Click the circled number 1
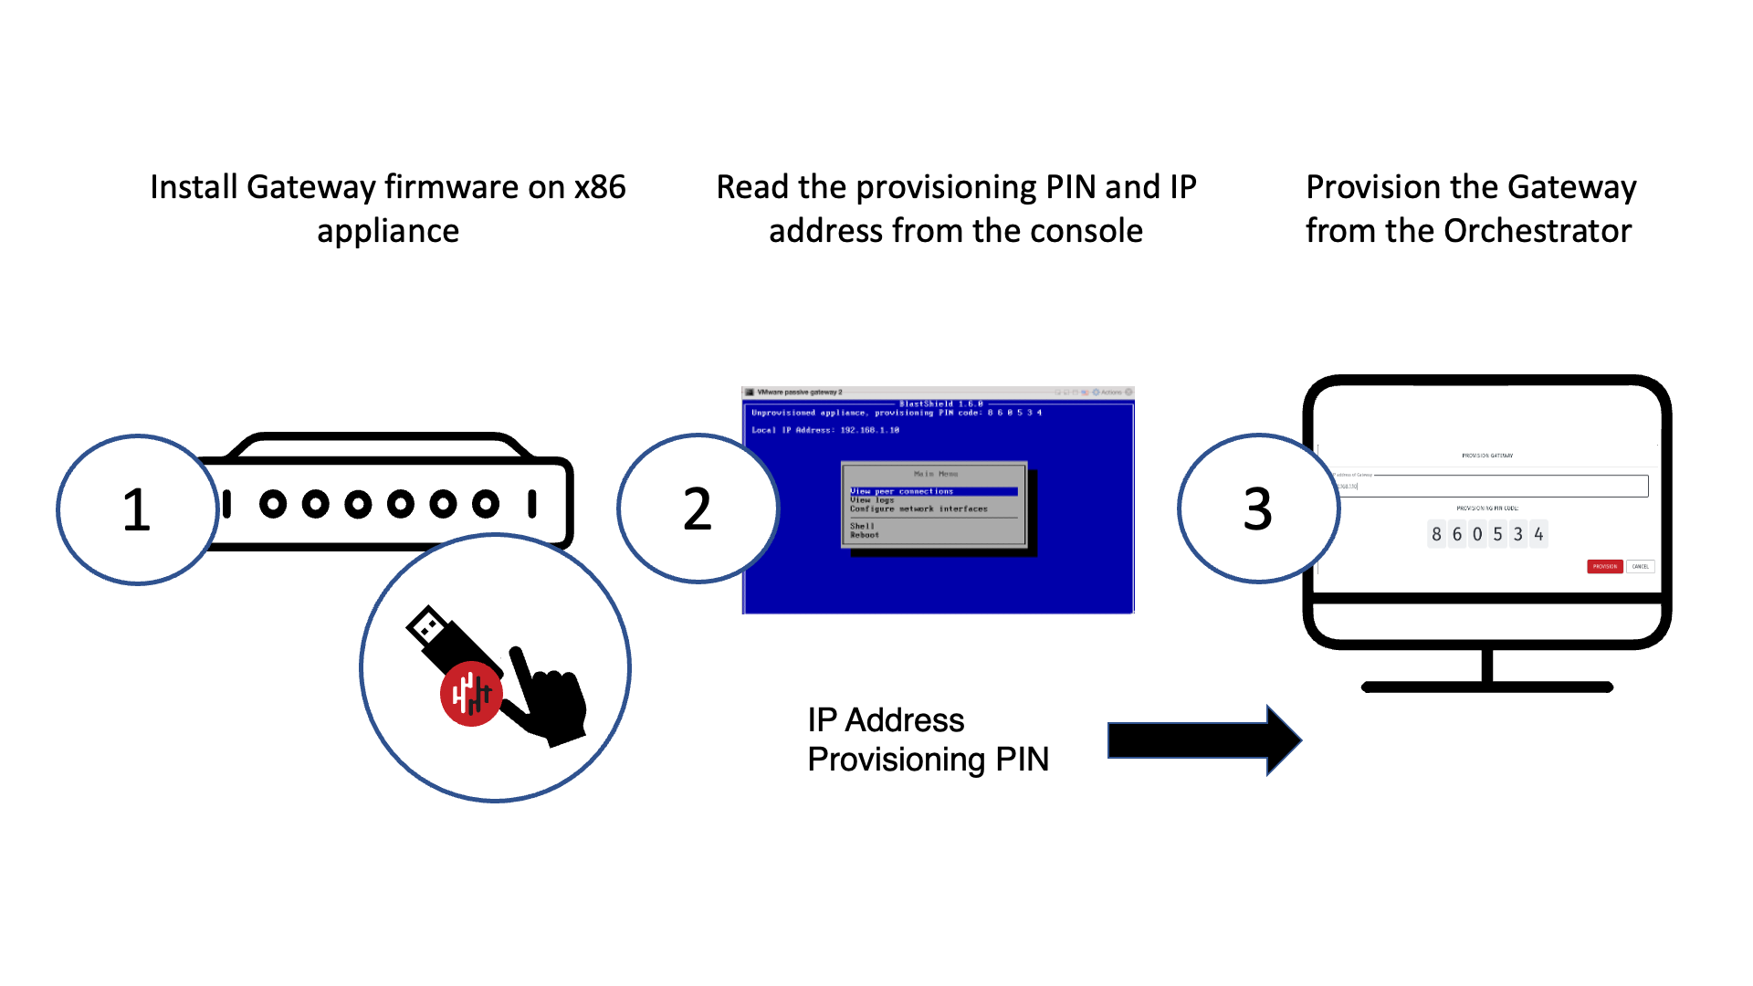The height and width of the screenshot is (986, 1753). coord(137,509)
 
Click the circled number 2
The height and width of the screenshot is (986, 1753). coord(698,509)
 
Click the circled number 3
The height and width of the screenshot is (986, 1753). coord(1257,509)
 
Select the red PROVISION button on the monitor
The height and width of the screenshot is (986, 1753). coord(1604,567)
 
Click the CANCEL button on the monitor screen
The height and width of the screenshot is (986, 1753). coord(1641,567)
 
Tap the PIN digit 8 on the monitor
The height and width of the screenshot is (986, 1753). coord(1436,534)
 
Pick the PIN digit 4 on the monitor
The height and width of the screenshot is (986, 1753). coord(1538,534)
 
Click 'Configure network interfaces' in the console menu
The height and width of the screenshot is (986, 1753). coord(918,509)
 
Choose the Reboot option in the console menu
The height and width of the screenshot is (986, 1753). coord(865,536)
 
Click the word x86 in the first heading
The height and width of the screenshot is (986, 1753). coord(600,187)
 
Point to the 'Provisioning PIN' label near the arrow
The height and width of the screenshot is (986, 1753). coord(928,760)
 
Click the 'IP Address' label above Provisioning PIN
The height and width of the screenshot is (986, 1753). coord(886,720)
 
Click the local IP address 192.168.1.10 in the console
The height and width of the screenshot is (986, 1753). coord(869,430)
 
